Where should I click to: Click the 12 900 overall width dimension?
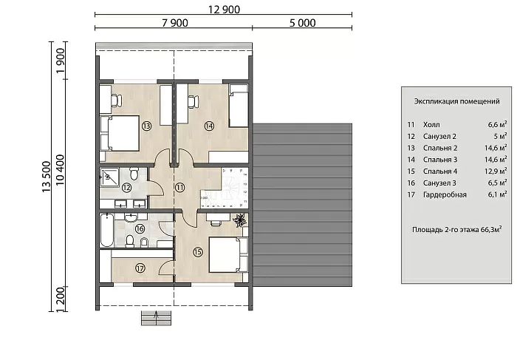click(x=224, y=10)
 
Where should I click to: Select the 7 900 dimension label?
click(x=175, y=23)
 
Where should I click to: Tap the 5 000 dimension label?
click(x=302, y=23)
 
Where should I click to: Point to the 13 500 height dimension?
click(x=47, y=177)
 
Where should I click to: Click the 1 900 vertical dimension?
click(x=61, y=61)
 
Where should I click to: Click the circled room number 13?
click(x=146, y=126)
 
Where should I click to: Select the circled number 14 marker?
click(x=209, y=126)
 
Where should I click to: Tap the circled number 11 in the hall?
click(x=179, y=188)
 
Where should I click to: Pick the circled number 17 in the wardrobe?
click(x=140, y=268)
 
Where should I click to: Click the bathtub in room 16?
click(x=107, y=231)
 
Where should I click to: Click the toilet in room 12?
click(x=134, y=174)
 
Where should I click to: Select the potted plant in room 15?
click(x=239, y=220)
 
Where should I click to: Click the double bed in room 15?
click(x=228, y=254)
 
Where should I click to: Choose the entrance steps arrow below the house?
click(x=156, y=317)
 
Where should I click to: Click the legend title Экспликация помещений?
click(x=456, y=101)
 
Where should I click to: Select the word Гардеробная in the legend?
click(x=445, y=194)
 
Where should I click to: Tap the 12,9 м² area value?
click(x=496, y=171)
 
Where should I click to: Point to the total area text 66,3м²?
click(x=491, y=229)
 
